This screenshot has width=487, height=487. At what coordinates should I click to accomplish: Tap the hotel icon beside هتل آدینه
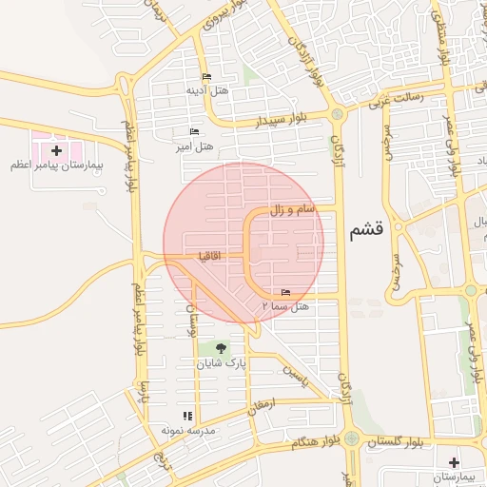[x=206, y=78]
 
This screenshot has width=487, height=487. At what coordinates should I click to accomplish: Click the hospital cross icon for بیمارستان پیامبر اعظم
[x=56, y=150]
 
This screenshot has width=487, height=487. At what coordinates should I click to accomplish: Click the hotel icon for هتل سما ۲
[x=286, y=293]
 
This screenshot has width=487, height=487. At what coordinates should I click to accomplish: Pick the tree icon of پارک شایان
[x=222, y=349]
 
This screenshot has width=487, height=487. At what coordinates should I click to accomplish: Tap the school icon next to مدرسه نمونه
[x=187, y=416]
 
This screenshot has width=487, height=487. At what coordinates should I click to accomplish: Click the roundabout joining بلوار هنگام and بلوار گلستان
[x=352, y=438]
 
